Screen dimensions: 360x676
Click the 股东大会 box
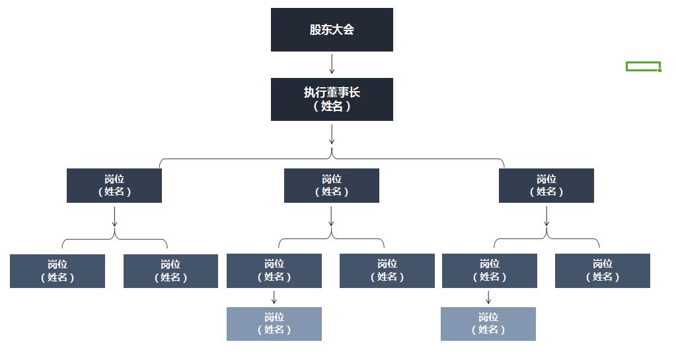(332, 30)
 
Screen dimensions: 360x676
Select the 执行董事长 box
(332, 99)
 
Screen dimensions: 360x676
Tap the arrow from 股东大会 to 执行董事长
(332, 64)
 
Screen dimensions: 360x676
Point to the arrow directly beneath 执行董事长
(332, 134)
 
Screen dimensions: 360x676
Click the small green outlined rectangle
(643, 66)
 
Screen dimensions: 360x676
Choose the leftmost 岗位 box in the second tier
(114, 186)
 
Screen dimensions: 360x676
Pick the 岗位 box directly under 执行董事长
(332, 186)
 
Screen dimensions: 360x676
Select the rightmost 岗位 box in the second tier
(546, 186)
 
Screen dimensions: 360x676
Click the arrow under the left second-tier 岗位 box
(115, 217)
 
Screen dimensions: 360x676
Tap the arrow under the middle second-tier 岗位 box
(332, 217)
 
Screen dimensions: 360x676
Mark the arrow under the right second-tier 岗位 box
(546, 217)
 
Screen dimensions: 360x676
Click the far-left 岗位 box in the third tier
(57, 271)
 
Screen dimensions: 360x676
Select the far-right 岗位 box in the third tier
(603, 271)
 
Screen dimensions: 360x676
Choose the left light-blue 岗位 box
(274, 324)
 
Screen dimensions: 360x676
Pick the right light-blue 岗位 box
(488, 324)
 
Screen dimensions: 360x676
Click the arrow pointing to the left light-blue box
(274, 297)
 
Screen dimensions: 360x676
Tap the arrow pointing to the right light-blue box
(489, 297)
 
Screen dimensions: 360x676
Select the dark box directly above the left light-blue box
(274, 271)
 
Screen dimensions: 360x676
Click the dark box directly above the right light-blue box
(490, 271)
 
